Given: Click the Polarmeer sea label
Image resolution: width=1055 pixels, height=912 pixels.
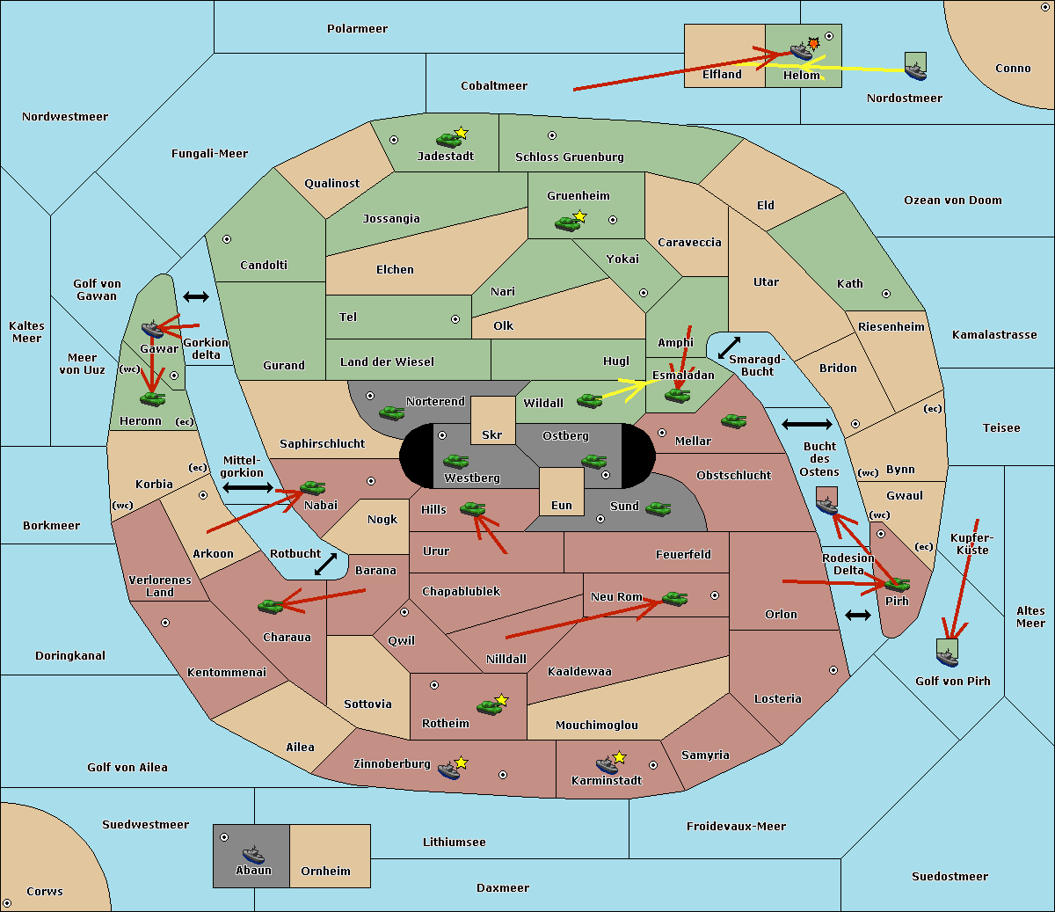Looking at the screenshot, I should [357, 29].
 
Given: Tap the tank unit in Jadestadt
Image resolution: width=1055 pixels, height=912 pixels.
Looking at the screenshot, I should [449, 139].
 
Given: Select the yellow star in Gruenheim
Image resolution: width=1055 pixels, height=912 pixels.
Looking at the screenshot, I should [579, 216].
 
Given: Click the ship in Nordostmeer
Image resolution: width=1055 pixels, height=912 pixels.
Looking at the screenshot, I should [915, 67].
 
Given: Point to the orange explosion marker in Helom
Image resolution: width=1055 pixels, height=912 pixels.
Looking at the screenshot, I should [814, 43].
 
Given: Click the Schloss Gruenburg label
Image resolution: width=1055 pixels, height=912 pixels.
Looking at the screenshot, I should [569, 157].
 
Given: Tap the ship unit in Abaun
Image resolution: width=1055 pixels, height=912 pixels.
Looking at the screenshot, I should [253, 854].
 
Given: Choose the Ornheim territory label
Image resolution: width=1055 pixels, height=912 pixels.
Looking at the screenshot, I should [325, 872].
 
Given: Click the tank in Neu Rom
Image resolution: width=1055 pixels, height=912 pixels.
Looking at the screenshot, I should [674, 598].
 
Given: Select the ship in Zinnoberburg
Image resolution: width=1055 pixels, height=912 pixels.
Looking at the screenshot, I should [449, 770].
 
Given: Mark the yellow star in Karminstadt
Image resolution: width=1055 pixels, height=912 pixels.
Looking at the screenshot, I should [620, 757].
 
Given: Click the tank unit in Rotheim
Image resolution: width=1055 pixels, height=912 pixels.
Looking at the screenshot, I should [489, 706].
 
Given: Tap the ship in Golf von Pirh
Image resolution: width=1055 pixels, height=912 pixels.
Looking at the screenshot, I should [947, 654].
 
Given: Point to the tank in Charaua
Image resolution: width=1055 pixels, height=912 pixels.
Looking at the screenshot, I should [270, 605].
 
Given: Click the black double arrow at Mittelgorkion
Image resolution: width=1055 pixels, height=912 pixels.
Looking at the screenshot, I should [248, 487].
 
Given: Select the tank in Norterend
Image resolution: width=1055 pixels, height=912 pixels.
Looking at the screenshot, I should [391, 412].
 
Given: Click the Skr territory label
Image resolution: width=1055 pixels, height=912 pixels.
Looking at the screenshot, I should [492, 435].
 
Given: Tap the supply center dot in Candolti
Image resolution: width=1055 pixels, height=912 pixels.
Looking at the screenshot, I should [227, 239].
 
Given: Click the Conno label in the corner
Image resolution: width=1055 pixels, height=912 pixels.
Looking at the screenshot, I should [1013, 69].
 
